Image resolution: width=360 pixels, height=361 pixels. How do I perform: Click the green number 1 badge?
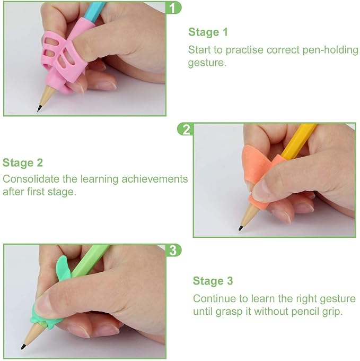coord(173,7)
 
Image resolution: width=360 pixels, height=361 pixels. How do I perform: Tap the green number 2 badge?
coord(185,129)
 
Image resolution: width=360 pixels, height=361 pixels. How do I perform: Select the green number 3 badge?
coord(173,250)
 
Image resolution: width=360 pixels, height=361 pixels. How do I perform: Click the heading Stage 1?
coord(208,32)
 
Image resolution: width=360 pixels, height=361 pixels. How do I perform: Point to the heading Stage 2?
coord(23,163)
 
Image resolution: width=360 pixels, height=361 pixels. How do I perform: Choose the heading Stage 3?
coord(213,281)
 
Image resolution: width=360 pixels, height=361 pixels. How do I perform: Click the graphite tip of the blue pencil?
coord(39,108)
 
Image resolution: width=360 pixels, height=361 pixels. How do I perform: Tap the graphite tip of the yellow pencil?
coord(241,228)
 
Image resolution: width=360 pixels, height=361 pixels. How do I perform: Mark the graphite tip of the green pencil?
coord(23,347)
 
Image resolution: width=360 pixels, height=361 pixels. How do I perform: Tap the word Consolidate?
coord(31,179)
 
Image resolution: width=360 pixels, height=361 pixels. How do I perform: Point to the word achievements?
coord(155,179)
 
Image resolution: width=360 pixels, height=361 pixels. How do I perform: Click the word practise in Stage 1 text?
coord(244,50)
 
